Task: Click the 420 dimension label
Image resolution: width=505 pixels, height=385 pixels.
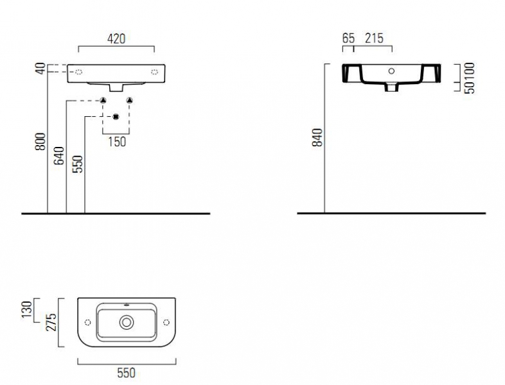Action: pos(116,38)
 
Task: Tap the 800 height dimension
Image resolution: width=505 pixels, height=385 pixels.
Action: pos(40,142)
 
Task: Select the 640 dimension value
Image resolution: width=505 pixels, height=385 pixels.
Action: pos(59,156)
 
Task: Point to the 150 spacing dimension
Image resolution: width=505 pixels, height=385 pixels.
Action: pos(117,142)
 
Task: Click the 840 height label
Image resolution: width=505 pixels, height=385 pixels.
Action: pos(317,138)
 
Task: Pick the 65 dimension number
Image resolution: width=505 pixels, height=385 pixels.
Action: pos(348,38)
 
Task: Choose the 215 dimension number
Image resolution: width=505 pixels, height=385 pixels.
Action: pos(374,38)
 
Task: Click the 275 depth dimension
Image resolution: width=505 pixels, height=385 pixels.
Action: pos(51,322)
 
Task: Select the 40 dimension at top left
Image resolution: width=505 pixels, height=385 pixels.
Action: pos(40,69)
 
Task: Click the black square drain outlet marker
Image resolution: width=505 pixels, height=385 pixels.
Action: pos(116,117)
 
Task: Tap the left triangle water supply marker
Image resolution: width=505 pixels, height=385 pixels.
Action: pos(103,100)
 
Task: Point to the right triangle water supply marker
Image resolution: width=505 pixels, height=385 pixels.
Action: pos(130,100)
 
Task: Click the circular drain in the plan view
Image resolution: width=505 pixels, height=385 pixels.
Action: pos(127,322)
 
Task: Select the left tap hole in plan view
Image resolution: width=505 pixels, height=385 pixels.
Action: pos(87,322)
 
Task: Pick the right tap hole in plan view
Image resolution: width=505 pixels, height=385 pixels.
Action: pos(166,322)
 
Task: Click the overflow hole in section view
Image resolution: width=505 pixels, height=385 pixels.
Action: pos(391,71)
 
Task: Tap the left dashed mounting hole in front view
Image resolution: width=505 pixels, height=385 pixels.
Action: pos(78,72)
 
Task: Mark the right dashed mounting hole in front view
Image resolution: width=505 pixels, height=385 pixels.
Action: pos(155,72)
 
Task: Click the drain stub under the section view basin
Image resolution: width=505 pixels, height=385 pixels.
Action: pos(392,87)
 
